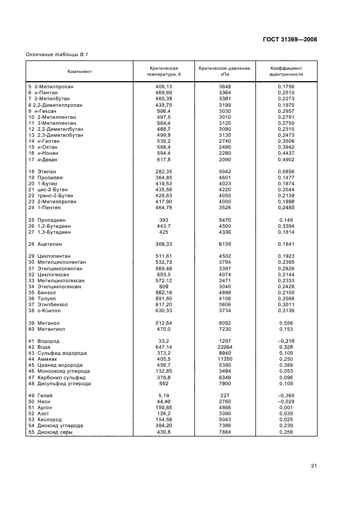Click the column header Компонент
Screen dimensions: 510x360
(x=80, y=71)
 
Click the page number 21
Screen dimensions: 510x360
(x=314, y=465)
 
